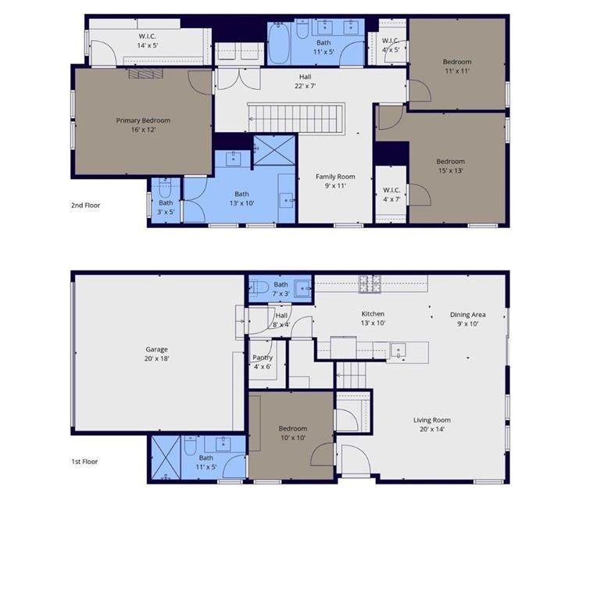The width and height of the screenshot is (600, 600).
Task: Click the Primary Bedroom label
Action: [x=143, y=120]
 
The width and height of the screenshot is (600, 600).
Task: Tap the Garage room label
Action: [x=156, y=349]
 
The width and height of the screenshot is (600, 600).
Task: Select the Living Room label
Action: [x=431, y=420]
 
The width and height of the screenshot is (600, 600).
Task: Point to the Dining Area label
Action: [x=468, y=315]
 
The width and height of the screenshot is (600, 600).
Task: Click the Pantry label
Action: [x=262, y=357]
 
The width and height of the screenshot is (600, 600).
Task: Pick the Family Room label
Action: [x=335, y=177]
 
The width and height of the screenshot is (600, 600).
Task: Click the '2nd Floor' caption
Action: [x=85, y=205]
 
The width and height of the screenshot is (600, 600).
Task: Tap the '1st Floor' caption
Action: [x=84, y=462]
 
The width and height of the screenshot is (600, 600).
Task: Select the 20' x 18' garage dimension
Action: [x=156, y=359]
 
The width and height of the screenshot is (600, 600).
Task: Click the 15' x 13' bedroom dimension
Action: [x=451, y=170]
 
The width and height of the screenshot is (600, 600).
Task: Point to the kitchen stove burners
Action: [x=370, y=284]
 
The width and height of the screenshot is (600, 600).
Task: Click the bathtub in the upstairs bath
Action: [x=279, y=43]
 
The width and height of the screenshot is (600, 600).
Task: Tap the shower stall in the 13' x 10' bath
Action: [x=274, y=150]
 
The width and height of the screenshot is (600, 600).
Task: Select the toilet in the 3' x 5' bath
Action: [x=165, y=187]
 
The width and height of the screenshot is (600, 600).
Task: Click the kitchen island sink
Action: [x=398, y=350]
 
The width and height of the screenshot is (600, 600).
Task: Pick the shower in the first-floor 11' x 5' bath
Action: [x=166, y=458]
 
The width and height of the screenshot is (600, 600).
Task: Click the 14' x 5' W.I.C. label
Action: [x=148, y=41]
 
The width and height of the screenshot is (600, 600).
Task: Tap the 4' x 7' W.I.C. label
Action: [x=391, y=195]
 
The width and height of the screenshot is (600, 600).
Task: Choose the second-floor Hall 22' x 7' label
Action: [x=305, y=81]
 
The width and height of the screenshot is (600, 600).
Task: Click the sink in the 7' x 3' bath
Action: [x=303, y=287]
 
